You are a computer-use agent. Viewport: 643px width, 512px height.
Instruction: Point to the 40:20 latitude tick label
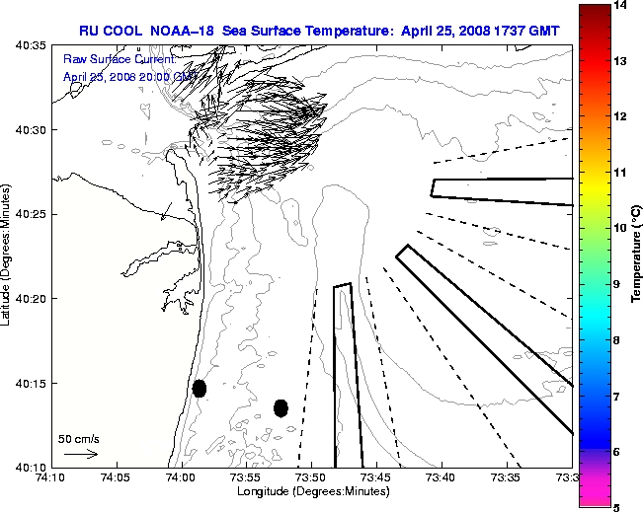30,299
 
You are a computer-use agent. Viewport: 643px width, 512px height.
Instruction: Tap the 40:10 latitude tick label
30,467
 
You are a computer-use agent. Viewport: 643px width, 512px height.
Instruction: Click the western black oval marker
200,388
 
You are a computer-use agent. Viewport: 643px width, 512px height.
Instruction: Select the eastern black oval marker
281,407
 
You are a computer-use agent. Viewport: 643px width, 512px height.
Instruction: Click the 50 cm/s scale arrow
80,455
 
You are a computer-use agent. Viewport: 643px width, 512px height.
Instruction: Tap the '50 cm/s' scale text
79,439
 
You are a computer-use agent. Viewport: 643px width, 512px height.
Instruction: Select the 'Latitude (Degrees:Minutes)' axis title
8,255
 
